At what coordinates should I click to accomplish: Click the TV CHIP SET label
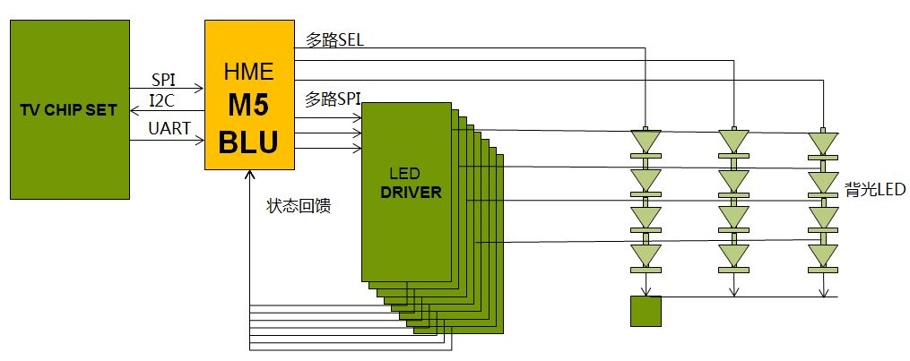[69, 110]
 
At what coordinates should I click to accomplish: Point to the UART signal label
[169, 129]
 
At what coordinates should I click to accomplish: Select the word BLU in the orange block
[249, 141]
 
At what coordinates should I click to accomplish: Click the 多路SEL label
[334, 40]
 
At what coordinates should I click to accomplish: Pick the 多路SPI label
[333, 99]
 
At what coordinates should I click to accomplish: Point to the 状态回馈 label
[299, 206]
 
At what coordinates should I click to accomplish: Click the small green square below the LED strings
[645, 311]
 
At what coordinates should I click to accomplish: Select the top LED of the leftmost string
[646, 141]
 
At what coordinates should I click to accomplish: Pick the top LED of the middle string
[733, 141]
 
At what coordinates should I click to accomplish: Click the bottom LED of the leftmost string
[646, 255]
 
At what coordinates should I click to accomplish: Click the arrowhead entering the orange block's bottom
[248, 176]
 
